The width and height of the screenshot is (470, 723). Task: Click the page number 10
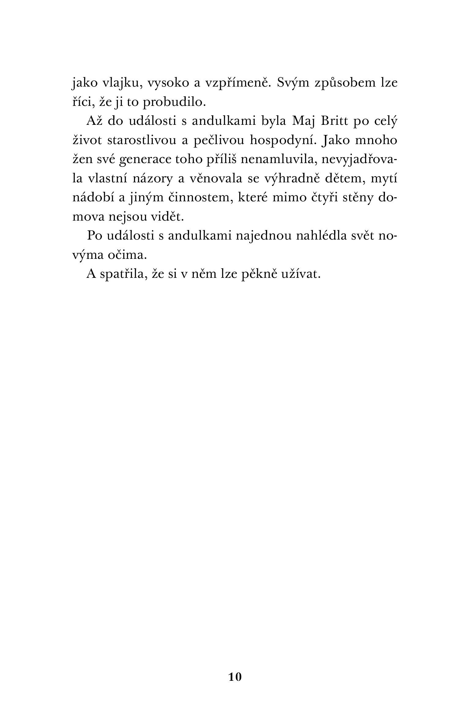(235, 677)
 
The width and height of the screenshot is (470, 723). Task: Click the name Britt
(333, 121)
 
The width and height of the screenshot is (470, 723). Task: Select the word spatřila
(122, 274)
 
